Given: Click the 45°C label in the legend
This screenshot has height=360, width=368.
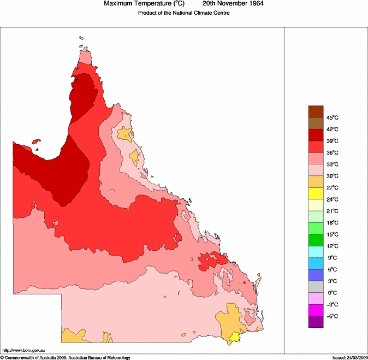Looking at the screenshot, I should (x=333, y=117).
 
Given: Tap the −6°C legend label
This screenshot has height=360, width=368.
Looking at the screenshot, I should (x=332, y=316).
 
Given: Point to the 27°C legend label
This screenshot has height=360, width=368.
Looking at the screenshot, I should (x=333, y=187).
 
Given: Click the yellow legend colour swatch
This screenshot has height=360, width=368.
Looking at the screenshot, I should (x=316, y=193).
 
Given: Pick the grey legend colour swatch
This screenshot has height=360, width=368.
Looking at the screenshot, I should (x=316, y=286).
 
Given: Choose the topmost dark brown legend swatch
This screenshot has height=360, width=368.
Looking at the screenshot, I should (x=316, y=111).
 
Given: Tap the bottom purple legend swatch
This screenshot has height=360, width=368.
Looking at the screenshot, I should (x=316, y=322).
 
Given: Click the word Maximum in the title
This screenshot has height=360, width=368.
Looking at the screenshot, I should (x=118, y=4).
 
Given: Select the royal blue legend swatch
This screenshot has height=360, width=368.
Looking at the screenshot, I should (x=316, y=275).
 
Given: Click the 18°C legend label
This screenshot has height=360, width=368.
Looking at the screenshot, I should (x=333, y=223).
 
